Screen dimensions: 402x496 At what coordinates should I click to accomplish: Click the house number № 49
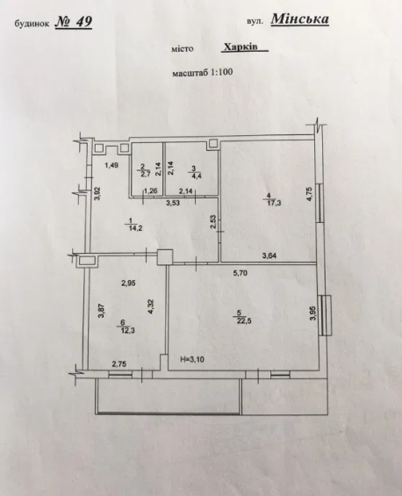(74, 22)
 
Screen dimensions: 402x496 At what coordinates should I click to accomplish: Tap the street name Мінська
(300, 19)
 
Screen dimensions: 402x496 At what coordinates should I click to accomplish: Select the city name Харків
(241, 47)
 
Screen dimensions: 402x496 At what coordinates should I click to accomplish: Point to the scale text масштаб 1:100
(203, 73)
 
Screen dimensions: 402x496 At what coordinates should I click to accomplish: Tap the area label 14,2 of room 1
(135, 227)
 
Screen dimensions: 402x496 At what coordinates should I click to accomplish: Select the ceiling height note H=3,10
(192, 359)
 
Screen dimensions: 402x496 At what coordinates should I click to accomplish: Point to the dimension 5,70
(240, 273)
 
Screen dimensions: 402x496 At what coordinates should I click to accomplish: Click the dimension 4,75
(309, 194)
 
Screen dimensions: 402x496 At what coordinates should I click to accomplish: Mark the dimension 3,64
(269, 255)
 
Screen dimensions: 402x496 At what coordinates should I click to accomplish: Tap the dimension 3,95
(313, 313)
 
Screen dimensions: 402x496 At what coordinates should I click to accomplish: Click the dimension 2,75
(118, 364)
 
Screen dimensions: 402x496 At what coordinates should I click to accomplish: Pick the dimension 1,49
(111, 165)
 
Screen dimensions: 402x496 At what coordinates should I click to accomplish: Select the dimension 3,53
(173, 203)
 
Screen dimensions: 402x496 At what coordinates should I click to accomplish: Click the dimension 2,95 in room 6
(128, 283)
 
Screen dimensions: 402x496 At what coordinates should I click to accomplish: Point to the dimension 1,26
(150, 190)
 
